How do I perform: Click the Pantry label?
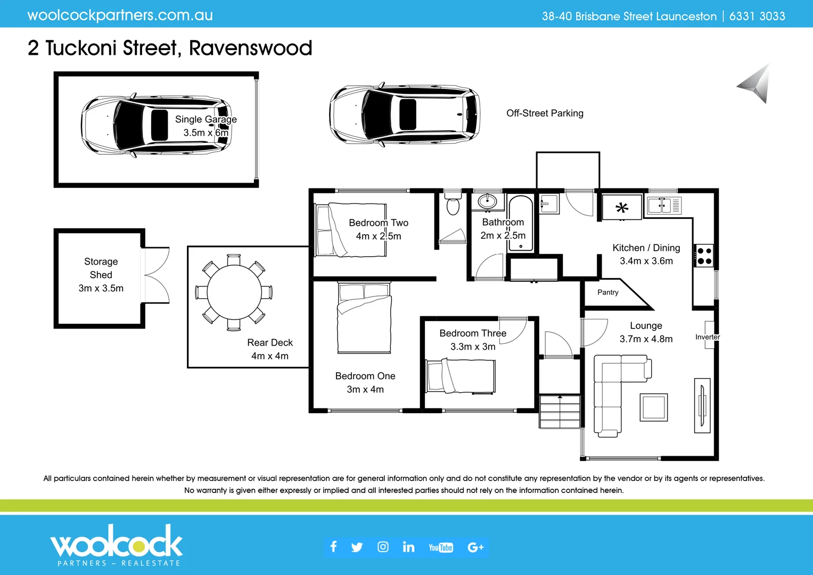[607, 292]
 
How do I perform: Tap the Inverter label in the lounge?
[707, 337]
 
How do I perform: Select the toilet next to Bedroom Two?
[453, 205]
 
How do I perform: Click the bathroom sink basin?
[487, 202]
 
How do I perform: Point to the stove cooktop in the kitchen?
[704, 256]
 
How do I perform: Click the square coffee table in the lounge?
[653, 407]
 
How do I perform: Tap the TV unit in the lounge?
[702, 406]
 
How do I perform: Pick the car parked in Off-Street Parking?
[404, 114]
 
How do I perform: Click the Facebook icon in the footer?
[334, 547]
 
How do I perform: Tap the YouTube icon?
[440, 547]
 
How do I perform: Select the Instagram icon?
[383, 547]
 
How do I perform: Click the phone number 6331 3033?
[757, 17]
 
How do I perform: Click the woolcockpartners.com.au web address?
[120, 15]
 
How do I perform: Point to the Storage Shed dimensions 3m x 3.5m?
[101, 288]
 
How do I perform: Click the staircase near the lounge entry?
[560, 411]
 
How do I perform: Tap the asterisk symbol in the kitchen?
[621, 208]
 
